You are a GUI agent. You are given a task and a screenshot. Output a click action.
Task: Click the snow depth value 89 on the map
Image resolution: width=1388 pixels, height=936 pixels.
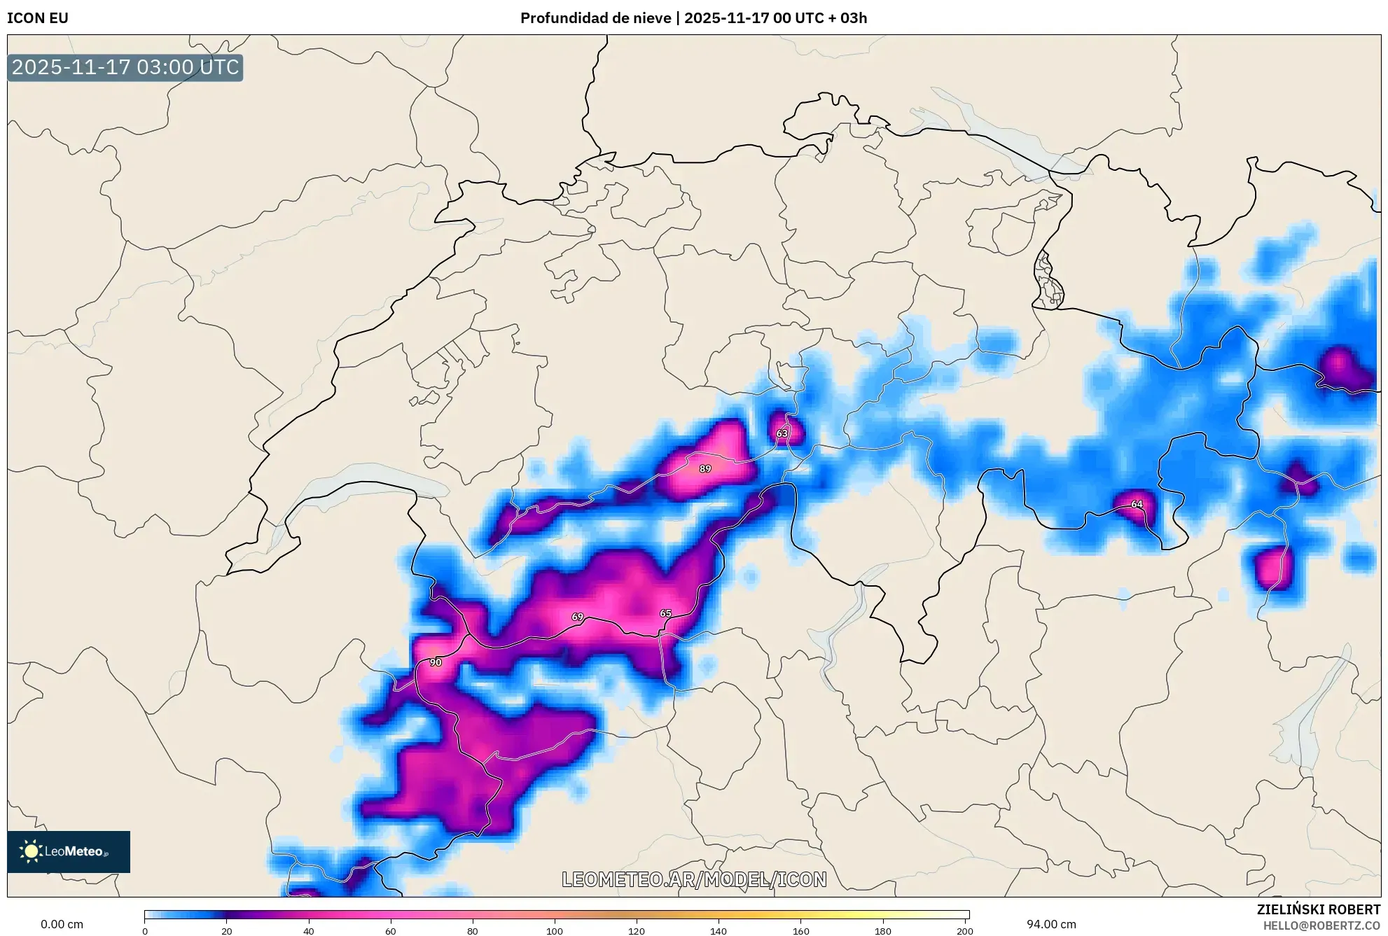tap(705, 468)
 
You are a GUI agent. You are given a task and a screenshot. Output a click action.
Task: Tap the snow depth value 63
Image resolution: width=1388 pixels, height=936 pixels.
tap(782, 433)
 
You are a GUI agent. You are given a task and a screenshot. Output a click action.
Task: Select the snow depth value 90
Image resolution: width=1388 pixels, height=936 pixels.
tap(436, 662)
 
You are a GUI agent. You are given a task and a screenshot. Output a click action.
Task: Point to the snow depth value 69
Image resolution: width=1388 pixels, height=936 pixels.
tap(577, 617)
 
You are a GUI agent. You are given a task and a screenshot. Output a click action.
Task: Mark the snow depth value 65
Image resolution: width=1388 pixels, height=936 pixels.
tap(665, 613)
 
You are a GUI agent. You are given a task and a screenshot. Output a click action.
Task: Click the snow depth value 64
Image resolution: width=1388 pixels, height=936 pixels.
tap(1137, 504)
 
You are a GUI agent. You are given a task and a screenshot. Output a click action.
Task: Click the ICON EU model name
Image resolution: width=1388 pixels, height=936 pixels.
tap(38, 18)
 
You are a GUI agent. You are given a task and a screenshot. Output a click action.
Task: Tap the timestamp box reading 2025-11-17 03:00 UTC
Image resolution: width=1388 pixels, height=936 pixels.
tap(125, 68)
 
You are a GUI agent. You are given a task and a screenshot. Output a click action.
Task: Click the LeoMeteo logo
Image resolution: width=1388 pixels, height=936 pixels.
tap(69, 851)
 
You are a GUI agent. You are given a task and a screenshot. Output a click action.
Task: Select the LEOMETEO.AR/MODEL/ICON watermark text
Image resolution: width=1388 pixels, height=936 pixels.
tap(694, 879)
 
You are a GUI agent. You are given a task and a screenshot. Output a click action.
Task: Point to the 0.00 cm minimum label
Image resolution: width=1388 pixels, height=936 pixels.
tap(62, 924)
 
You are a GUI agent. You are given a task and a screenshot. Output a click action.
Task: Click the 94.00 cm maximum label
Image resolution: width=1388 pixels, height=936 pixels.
tap(1051, 924)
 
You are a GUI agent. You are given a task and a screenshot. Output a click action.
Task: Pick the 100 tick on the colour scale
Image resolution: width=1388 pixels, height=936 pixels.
tap(555, 931)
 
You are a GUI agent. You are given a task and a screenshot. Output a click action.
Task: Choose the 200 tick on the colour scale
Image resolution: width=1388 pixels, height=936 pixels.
tap(965, 931)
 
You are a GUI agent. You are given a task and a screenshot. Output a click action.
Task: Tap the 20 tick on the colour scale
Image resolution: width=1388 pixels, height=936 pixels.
tap(226, 931)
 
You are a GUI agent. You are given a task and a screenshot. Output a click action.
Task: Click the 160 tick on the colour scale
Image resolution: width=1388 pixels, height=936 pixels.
tap(800, 931)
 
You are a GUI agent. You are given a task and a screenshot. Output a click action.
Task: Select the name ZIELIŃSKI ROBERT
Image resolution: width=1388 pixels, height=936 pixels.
tap(1318, 909)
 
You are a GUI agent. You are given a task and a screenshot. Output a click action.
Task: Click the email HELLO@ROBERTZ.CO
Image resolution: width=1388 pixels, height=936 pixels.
tap(1321, 925)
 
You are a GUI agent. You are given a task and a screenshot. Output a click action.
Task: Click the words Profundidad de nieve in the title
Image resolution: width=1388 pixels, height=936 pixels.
tap(595, 18)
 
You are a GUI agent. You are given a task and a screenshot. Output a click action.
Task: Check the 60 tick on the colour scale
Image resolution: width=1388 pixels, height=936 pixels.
tap(391, 931)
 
